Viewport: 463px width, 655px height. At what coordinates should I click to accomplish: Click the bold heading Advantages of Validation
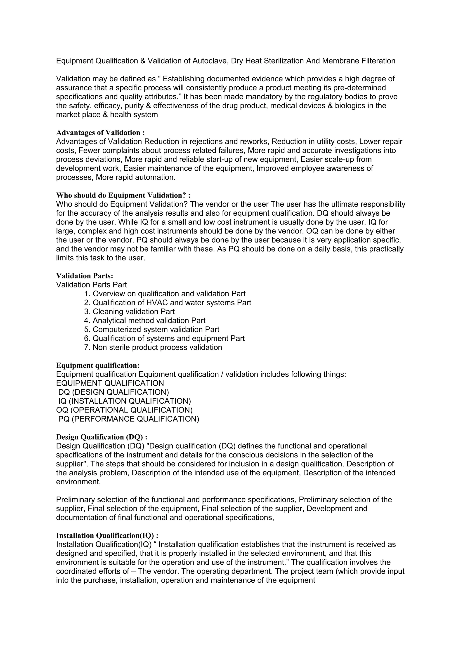point(100,133)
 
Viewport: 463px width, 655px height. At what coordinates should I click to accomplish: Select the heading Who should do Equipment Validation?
point(123,196)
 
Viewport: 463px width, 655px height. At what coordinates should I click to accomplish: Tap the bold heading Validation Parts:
point(85,276)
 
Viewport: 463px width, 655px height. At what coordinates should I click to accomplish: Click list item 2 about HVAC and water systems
point(168,303)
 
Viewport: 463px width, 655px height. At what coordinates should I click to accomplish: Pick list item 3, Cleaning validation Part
point(130,311)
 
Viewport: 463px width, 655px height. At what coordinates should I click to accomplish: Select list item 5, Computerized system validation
point(152,330)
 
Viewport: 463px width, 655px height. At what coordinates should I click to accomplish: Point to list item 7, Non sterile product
point(153,347)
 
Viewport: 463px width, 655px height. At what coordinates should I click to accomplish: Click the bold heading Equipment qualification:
point(98,365)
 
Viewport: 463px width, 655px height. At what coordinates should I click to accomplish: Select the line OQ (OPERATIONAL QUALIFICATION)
point(124,410)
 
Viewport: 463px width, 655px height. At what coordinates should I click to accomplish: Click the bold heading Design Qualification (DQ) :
point(102,437)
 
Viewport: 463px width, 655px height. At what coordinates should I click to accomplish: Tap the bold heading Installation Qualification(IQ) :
point(107,535)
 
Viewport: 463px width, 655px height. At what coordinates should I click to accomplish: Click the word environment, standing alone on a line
point(78,482)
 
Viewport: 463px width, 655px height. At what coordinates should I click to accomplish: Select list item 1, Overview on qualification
point(165,294)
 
